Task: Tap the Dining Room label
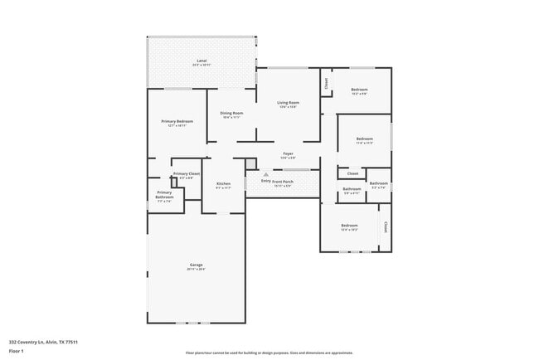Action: [231, 113]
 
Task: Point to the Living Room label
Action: [288, 102]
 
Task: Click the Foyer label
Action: [288, 153]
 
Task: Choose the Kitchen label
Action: [223, 183]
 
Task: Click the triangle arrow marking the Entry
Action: [266, 174]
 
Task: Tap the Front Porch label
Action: [284, 181]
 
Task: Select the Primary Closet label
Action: [187, 173]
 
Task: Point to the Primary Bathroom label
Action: [164, 194]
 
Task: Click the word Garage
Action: [196, 265]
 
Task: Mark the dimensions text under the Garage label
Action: [196, 270]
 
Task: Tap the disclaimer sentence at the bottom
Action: [269, 353]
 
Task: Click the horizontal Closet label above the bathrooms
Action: [352, 173]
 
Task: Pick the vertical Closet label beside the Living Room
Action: [327, 83]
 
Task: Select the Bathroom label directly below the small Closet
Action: [352, 188]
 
